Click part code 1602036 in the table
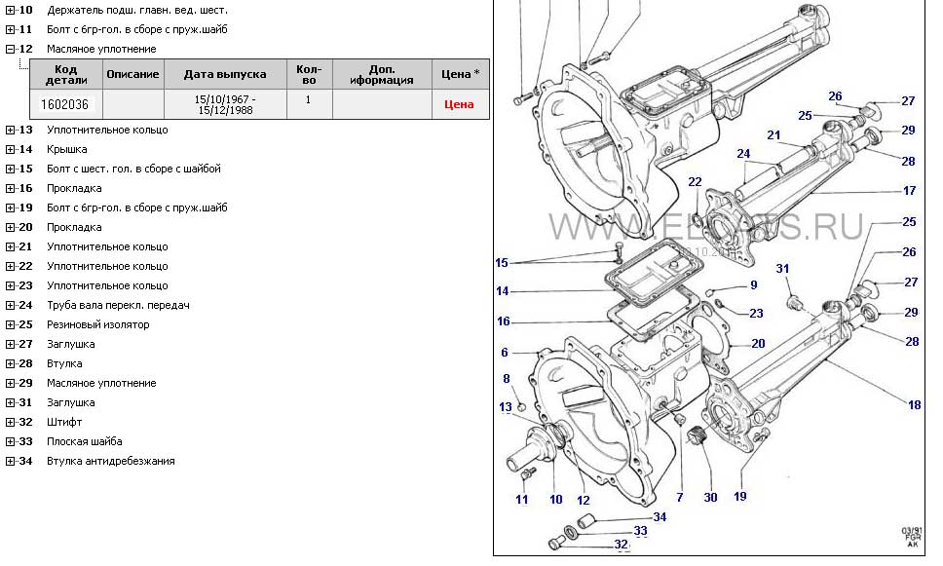64,104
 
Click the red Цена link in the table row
459,104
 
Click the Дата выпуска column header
224,74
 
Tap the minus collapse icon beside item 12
10,49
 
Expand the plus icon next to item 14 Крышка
10,149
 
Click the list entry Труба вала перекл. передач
118,305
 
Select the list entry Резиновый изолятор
98,324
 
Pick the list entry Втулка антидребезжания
111,461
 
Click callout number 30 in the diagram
710,497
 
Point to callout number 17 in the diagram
910,191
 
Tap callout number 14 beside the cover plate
503,291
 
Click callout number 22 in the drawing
695,182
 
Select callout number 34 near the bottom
660,516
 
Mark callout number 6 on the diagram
505,353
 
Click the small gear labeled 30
697,437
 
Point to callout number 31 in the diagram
782,268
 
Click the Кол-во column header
308,74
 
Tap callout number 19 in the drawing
740,497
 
